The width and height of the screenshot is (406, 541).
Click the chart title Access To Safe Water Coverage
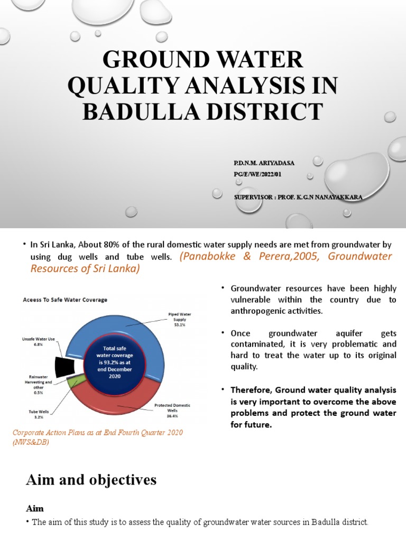point(64,300)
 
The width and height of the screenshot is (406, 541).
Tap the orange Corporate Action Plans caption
point(98,436)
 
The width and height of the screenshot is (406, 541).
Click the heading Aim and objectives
point(91,480)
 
